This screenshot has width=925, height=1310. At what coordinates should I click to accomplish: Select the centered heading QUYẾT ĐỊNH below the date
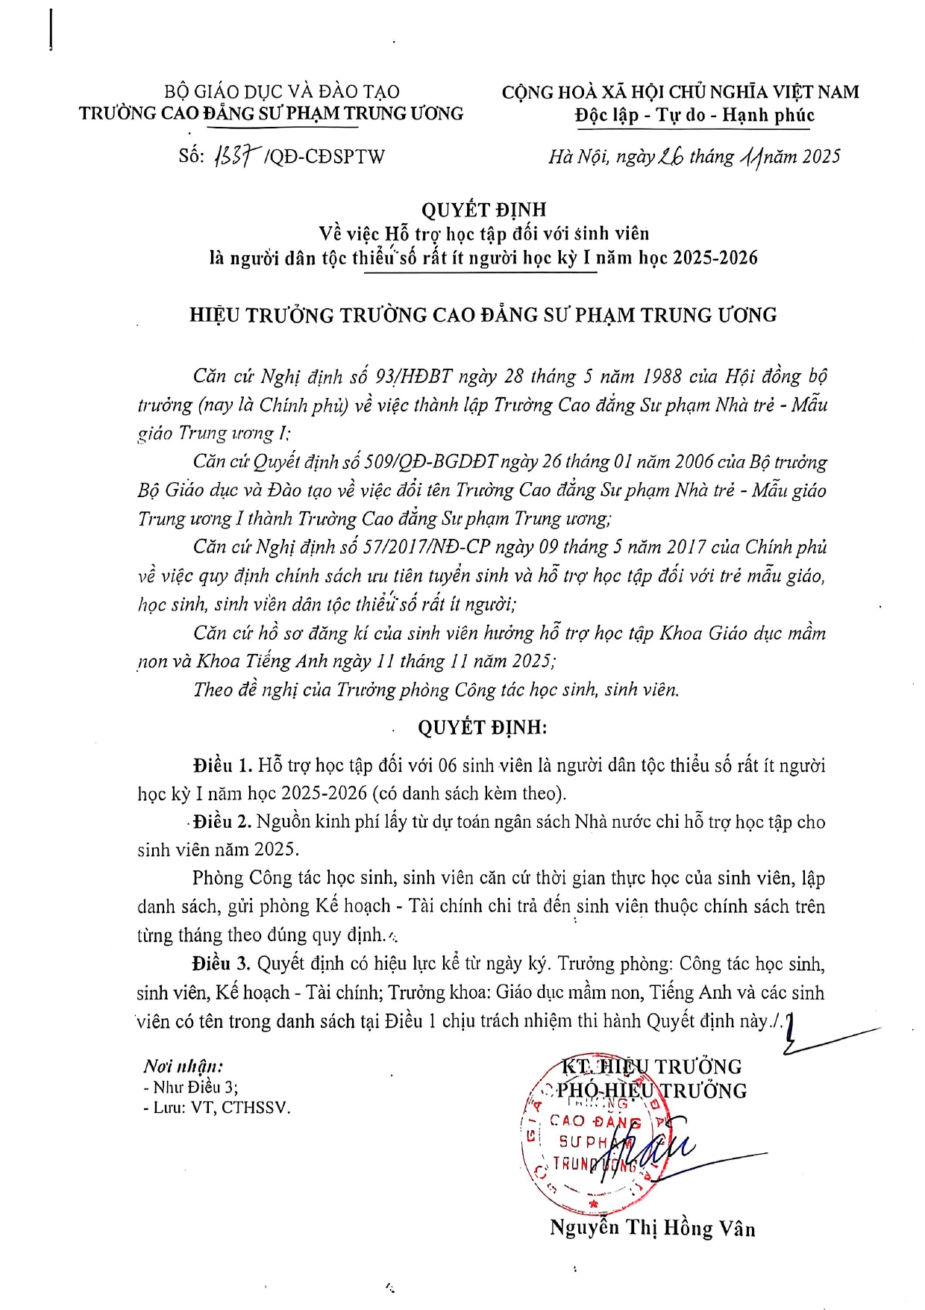pos(483,210)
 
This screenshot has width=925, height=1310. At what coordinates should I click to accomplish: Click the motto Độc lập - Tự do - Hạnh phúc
pos(694,116)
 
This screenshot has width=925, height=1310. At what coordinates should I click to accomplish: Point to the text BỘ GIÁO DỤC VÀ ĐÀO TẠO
pos(282,92)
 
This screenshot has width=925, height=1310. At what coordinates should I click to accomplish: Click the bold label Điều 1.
pos(222,766)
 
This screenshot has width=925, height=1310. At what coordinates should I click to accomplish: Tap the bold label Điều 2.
pos(222,822)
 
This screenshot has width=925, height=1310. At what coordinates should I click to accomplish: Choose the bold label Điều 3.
pos(221,964)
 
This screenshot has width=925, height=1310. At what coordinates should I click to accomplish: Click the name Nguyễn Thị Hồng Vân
pos(652,1228)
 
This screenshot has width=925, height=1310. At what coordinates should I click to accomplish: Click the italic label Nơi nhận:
pos(183,1066)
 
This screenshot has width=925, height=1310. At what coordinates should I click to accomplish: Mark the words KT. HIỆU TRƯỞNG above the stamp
pos(651,1067)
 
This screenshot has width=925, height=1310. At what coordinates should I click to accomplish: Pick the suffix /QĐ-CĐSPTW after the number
pos(324,157)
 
